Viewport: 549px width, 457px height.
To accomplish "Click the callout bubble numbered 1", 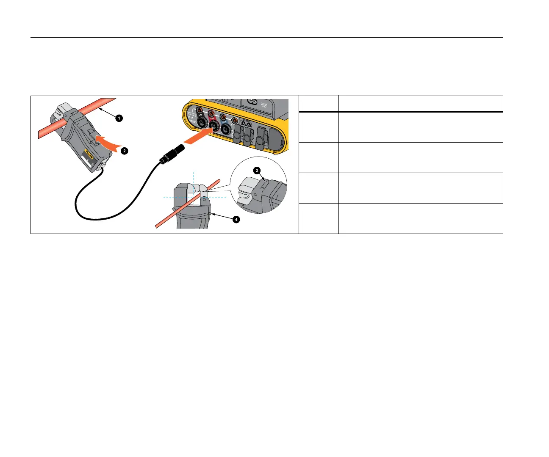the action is (119, 118).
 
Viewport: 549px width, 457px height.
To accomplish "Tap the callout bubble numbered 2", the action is (124, 151).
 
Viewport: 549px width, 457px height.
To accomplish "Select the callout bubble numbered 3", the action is (257, 171).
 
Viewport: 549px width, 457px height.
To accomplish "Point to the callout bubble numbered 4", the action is (236, 219).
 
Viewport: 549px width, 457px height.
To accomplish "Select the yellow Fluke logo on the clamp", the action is (89, 151).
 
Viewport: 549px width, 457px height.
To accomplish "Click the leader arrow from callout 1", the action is (108, 113).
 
